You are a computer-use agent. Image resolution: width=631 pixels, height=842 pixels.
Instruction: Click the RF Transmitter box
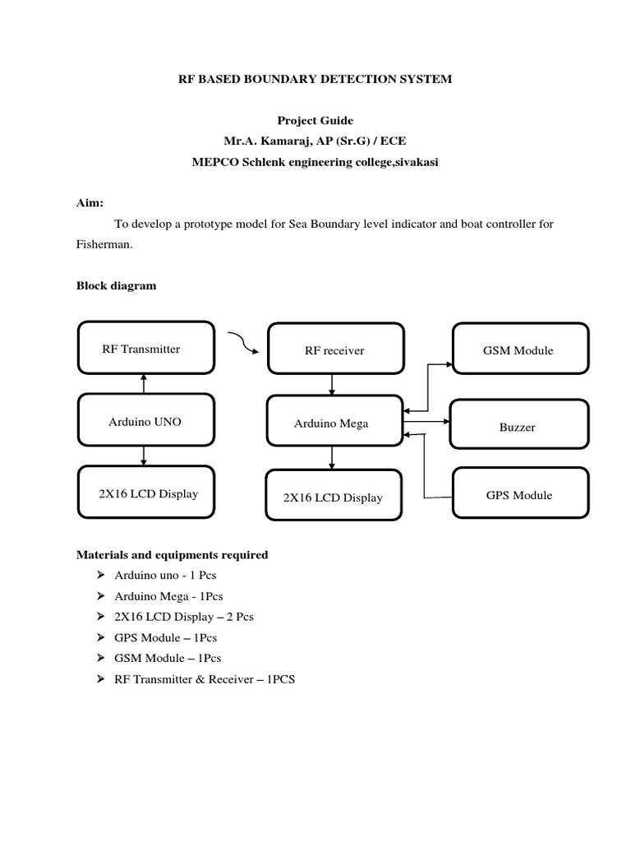pyautogui.click(x=145, y=349)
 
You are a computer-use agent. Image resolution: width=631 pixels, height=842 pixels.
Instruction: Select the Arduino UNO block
pyautogui.click(x=145, y=422)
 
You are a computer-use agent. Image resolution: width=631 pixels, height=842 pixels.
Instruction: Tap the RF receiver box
pyautogui.click(x=334, y=350)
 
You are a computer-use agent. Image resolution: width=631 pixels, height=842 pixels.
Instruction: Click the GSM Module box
pyautogui.click(x=520, y=349)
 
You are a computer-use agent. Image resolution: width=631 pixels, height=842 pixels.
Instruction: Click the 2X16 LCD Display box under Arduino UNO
pyautogui.click(x=145, y=494)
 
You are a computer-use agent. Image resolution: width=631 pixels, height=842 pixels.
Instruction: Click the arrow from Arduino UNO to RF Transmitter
pyautogui.click(x=144, y=383)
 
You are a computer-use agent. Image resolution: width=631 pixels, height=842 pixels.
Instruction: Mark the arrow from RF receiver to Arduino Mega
pyautogui.click(x=332, y=385)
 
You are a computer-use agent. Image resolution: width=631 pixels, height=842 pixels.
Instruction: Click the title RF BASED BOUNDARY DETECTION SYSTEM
pyautogui.click(x=315, y=80)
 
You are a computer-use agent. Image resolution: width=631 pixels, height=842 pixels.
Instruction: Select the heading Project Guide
pyautogui.click(x=315, y=121)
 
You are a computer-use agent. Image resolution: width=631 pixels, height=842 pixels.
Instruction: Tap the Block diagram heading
pyautogui.click(x=116, y=286)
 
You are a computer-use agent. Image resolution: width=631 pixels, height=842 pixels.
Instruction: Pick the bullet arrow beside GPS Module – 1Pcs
pyautogui.click(x=101, y=637)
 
